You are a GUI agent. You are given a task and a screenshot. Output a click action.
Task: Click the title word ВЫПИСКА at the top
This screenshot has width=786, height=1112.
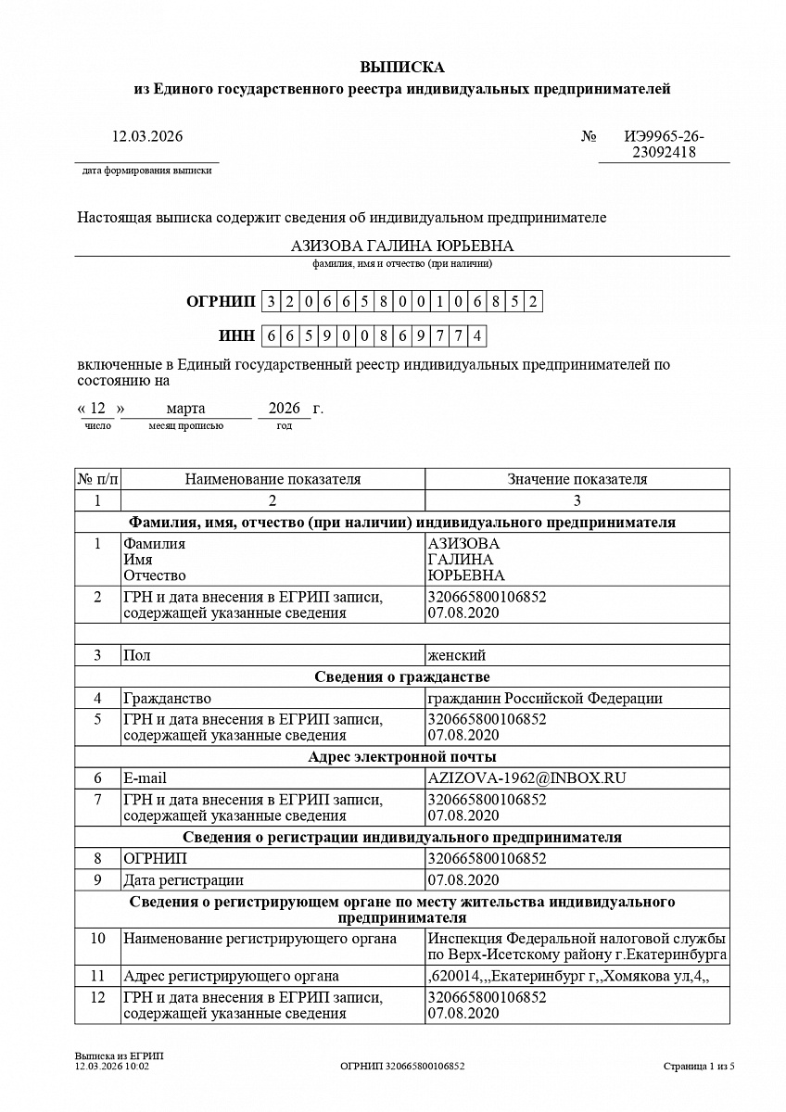click(x=402, y=68)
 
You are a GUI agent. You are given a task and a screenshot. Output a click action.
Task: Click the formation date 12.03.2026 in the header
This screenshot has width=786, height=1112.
click(x=147, y=136)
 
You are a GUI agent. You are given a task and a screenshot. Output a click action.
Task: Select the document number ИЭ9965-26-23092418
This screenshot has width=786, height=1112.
click(x=664, y=145)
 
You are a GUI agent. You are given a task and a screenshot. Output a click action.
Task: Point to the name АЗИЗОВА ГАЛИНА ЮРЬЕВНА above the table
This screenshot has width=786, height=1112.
click(x=402, y=246)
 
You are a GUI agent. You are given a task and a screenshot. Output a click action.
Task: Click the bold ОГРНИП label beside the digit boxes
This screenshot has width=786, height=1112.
click(x=220, y=301)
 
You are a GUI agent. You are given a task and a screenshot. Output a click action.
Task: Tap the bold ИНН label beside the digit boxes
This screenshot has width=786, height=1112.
click(x=236, y=335)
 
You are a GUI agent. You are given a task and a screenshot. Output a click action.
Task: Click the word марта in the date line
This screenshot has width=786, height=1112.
click(x=186, y=409)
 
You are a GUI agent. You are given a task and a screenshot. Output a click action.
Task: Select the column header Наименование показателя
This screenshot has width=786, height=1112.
click(x=273, y=479)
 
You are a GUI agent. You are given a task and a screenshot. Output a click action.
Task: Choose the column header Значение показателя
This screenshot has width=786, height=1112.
click(x=577, y=479)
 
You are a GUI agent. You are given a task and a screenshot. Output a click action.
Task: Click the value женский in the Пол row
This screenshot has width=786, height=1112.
click(x=456, y=655)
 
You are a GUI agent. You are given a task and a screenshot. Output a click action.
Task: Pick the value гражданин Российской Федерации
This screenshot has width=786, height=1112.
click(x=544, y=698)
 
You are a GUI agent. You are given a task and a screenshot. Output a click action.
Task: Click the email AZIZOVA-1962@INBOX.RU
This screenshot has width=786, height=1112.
click(x=526, y=778)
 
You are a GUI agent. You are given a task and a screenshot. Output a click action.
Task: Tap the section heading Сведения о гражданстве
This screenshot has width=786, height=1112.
click(x=402, y=676)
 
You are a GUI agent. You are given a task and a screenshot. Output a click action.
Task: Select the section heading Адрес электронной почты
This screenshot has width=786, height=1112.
click(x=402, y=757)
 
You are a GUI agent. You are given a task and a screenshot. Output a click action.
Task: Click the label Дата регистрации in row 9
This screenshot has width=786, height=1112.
click(x=184, y=879)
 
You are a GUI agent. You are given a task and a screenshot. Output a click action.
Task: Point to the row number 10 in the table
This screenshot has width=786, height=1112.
click(x=97, y=939)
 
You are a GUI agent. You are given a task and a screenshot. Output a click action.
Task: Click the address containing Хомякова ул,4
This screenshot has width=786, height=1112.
click(x=568, y=976)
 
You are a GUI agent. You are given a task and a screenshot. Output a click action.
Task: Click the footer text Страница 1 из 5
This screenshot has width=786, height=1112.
click(x=699, y=1067)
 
